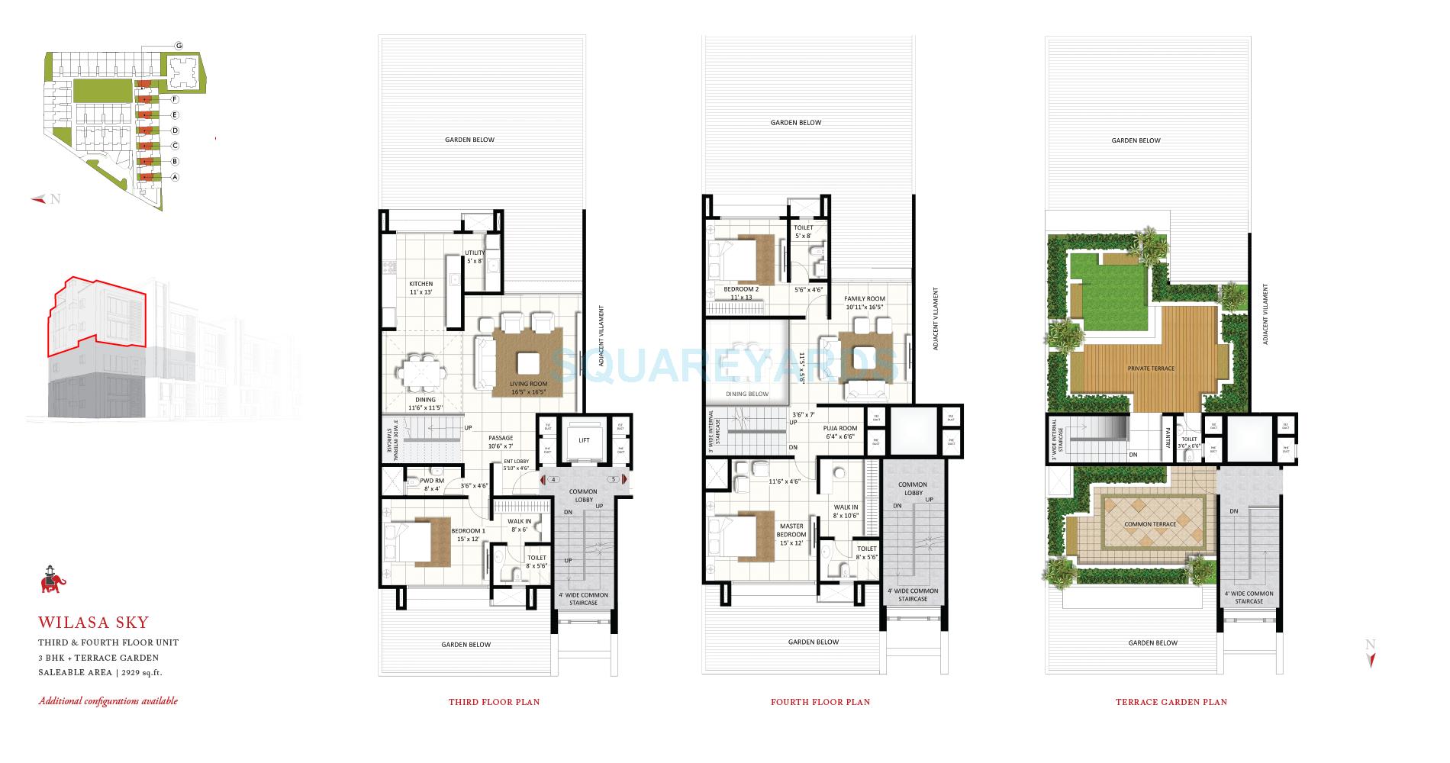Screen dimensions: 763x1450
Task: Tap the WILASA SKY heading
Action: (x=94, y=623)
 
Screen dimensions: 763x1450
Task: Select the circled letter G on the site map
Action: (x=179, y=46)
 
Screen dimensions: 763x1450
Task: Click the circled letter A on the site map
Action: (x=175, y=177)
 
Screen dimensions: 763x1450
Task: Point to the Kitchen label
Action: (x=420, y=284)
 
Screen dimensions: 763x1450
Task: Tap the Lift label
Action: (x=584, y=440)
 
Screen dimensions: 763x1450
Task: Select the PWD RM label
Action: (x=432, y=481)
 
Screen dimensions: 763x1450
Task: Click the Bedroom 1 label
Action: (x=468, y=531)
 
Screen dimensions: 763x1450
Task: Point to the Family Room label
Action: (x=864, y=298)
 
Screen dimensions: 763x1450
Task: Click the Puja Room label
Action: (x=840, y=428)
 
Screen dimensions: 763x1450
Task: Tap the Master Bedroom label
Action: (x=791, y=530)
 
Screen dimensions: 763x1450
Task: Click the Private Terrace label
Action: (x=1151, y=369)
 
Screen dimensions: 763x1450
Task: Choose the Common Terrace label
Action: (x=1150, y=524)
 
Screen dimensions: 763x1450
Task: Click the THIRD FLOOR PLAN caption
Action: (x=494, y=702)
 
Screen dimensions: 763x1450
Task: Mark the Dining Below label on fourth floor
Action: (x=747, y=394)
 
